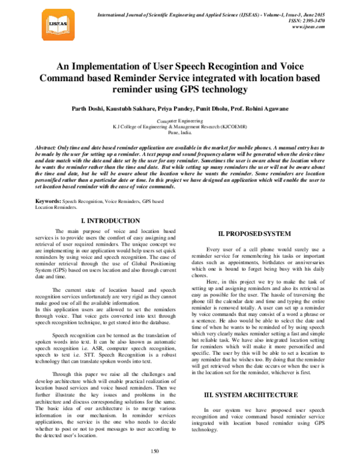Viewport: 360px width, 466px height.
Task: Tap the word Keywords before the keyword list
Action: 49,199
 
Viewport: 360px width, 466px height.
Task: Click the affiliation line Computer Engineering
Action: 180,121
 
